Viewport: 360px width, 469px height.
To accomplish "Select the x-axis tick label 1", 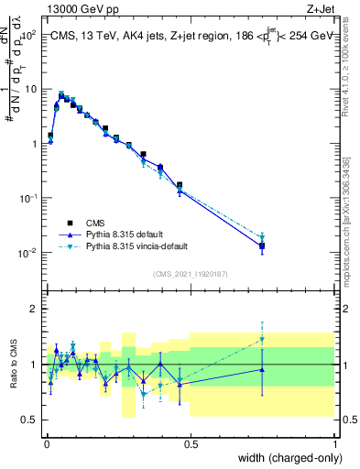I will point(334,444).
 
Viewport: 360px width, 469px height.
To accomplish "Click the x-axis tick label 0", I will point(46,444).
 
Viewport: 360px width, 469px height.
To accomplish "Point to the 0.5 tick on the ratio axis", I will point(28,420).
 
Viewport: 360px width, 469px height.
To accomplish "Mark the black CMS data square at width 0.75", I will point(262,245).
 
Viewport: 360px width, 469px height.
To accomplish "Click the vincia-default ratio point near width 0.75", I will point(262,339).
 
